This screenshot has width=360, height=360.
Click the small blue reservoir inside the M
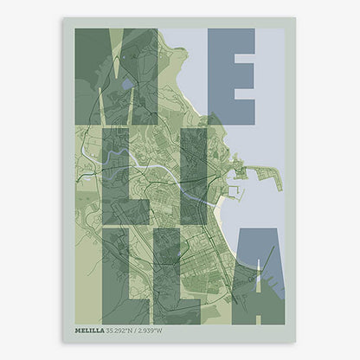pos(127,85)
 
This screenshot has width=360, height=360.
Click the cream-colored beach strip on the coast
pos(222,212)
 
